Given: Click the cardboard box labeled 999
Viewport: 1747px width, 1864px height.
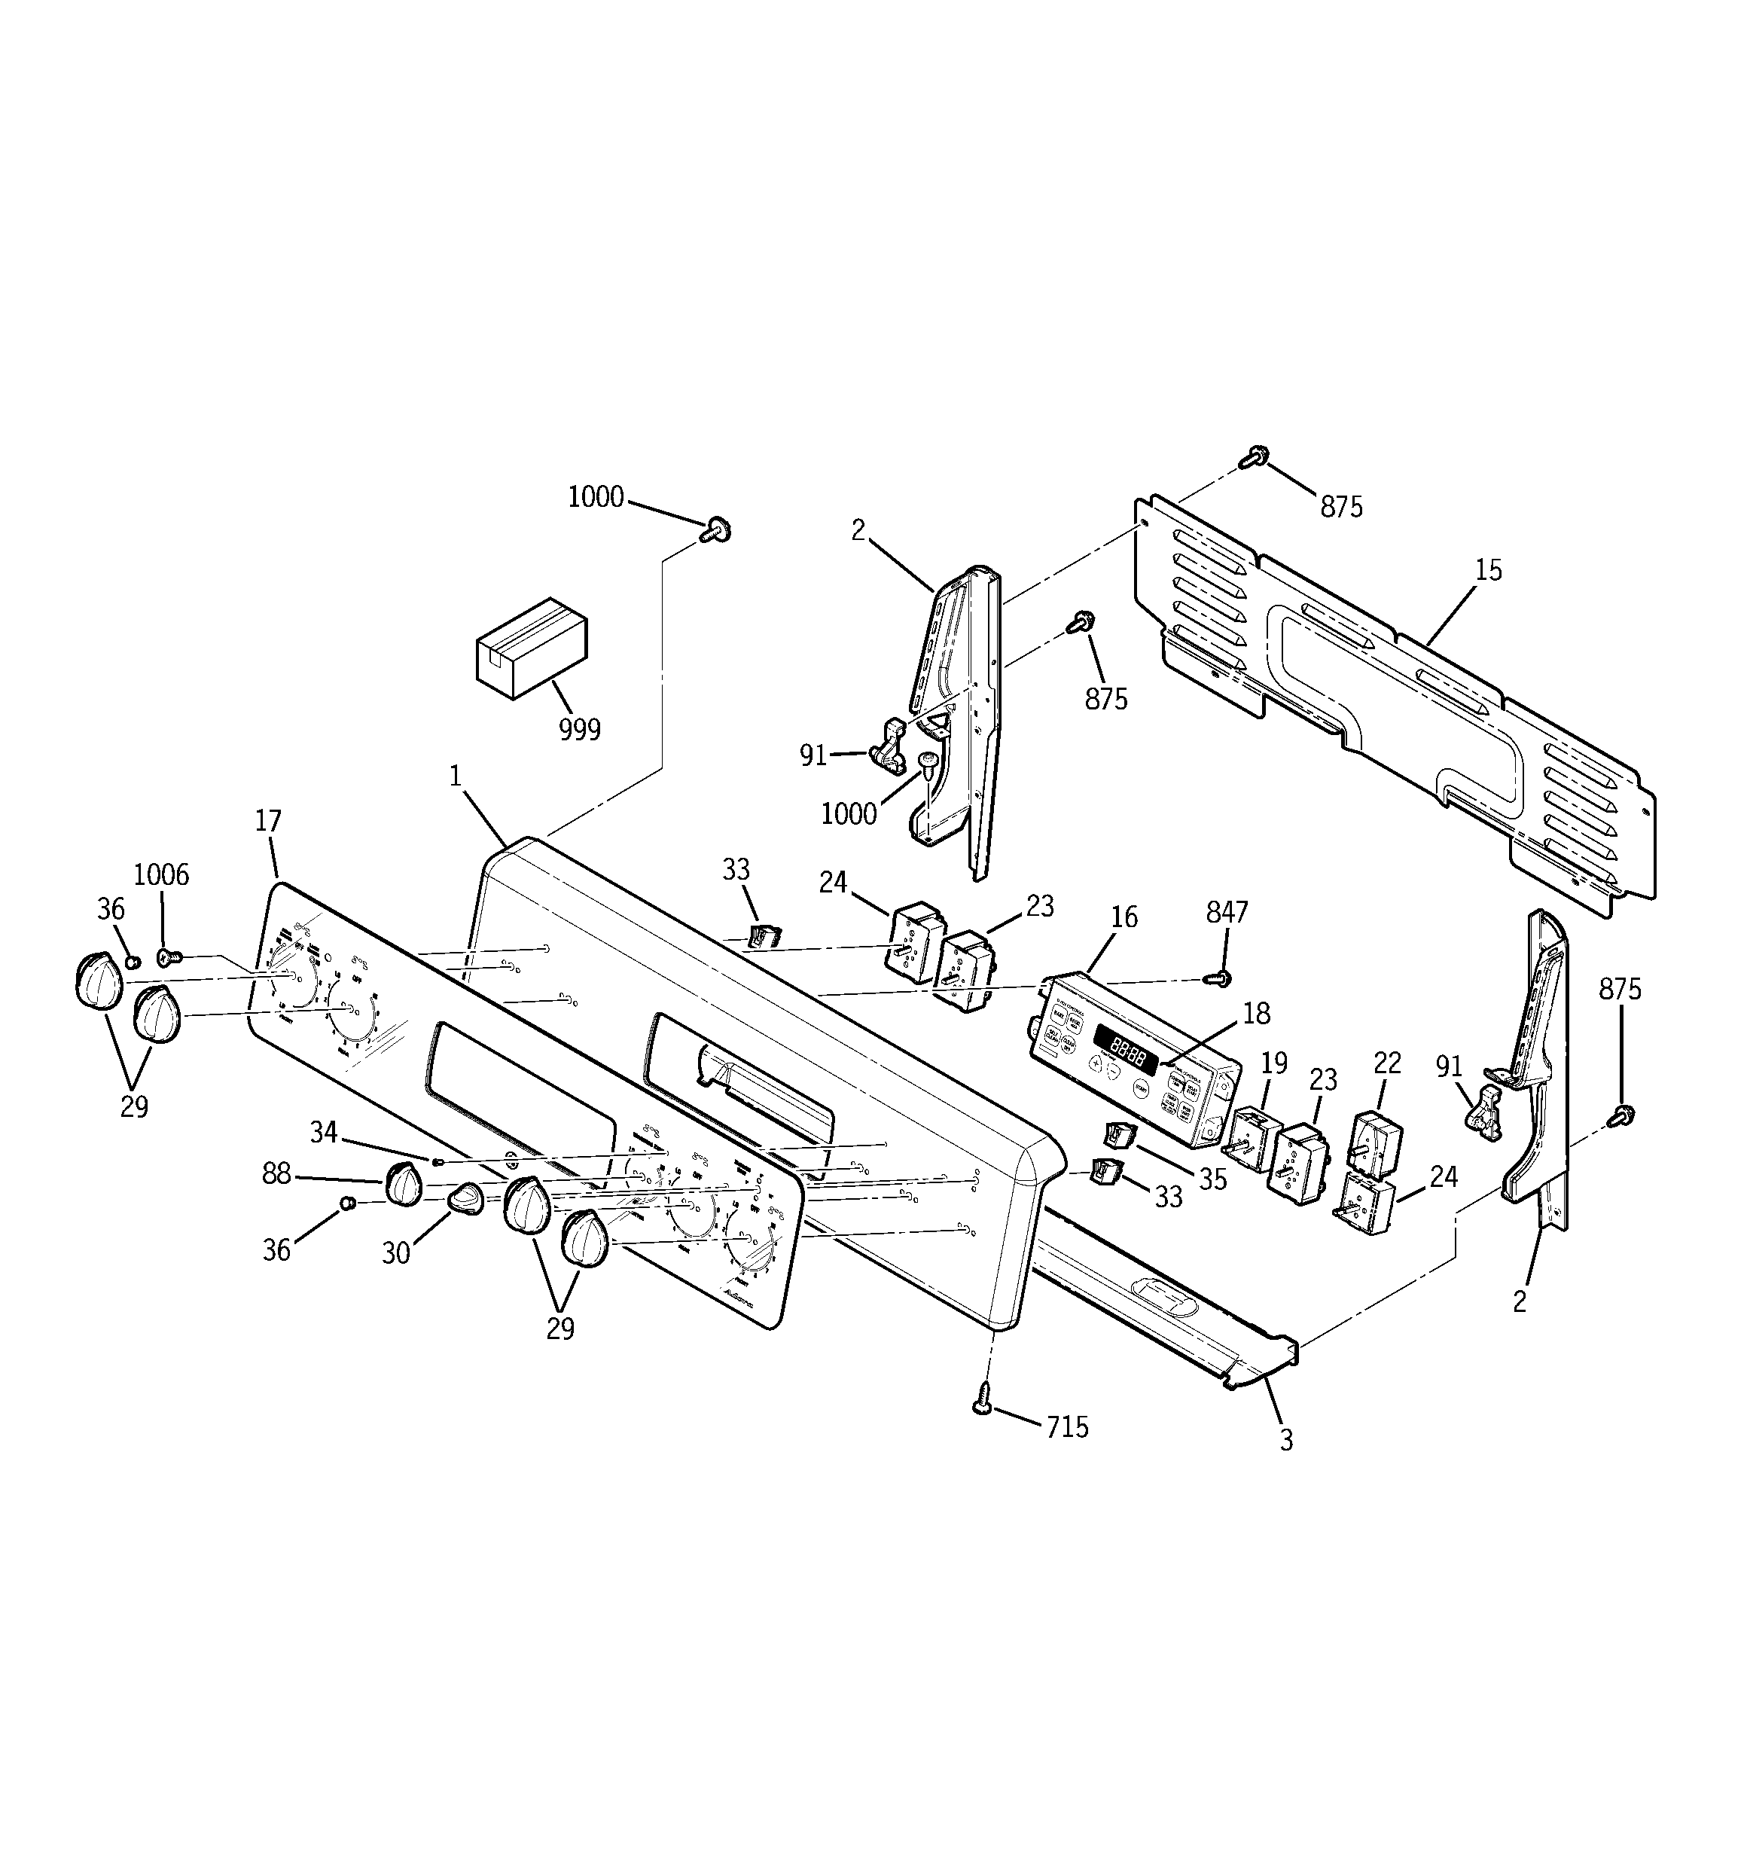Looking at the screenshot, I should click(x=531, y=647).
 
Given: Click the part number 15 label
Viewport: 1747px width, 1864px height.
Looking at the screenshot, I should click(x=1487, y=570).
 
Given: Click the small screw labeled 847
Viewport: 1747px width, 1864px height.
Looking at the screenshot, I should click(x=1220, y=979).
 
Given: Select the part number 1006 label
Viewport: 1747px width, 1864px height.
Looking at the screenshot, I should click(x=161, y=875).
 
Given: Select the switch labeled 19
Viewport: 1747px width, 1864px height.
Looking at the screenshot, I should click(x=1254, y=1138).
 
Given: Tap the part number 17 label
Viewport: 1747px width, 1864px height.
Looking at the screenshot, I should click(x=268, y=822).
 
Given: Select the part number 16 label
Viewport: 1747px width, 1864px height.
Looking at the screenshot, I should click(x=1124, y=917).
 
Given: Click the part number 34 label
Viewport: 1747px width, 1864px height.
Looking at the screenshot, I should click(x=324, y=1133).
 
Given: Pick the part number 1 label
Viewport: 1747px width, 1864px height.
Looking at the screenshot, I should click(x=456, y=776).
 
